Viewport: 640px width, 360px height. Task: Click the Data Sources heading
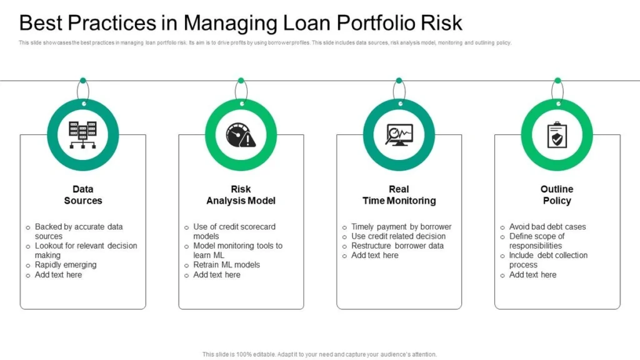click(83, 194)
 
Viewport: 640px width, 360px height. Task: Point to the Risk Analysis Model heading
click(241, 194)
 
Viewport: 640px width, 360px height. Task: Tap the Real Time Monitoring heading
click(399, 194)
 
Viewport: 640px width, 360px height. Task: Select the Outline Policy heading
click(556, 194)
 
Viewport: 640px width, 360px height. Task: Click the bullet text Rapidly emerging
click(66, 264)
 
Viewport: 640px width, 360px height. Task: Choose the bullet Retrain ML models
click(226, 264)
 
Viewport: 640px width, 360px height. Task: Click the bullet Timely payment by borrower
click(401, 226)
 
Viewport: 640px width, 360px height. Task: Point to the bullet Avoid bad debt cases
click(547, 226)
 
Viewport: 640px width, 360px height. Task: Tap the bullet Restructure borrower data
click(397, 246)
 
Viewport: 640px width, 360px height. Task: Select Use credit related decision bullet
click(398, 236)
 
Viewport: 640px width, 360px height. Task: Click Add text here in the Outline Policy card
click(532, 274)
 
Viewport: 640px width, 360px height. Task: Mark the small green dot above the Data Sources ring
click(83, 81)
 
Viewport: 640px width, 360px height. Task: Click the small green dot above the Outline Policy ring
click(556, 81)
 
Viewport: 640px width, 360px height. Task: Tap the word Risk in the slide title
click(440, 23)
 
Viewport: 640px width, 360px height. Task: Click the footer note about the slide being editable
click(319, 354)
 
